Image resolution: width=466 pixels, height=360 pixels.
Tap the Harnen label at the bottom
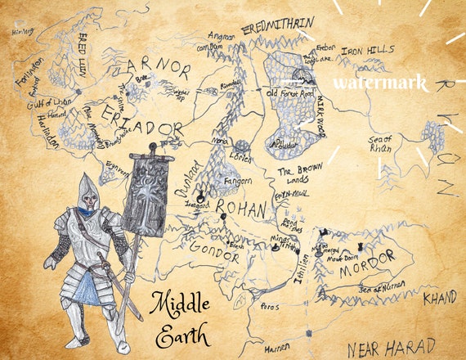pyautogui.click(x=280, y=348)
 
